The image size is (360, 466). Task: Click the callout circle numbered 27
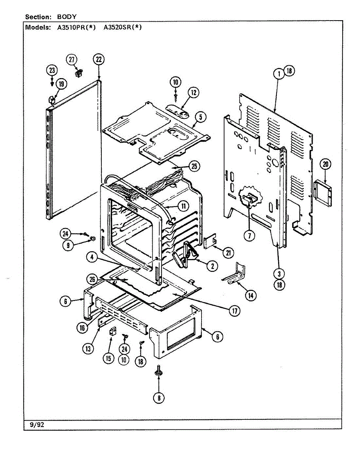point(71,59)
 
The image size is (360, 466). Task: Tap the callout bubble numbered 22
point(99,59)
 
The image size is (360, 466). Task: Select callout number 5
point(200,117)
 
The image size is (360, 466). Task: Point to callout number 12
point(193,92)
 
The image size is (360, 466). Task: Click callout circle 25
point(194,166)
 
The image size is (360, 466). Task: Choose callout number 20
point(325,164)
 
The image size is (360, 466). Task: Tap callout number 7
point(249,236)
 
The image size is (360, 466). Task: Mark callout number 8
point(159,398)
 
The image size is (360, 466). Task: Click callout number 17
point(235,311)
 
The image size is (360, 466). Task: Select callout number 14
point(250,296)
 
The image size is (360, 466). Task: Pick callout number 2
point(212,266)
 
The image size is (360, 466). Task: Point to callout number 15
point(108,358)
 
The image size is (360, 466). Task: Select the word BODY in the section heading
point(67,17)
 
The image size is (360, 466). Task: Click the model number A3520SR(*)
point(123,28)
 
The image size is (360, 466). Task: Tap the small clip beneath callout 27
point(78,73)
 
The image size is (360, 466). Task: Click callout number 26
point(92,280)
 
